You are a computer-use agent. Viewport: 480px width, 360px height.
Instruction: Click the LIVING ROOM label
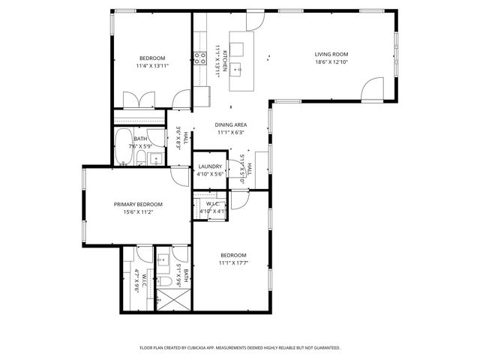coord(331,54)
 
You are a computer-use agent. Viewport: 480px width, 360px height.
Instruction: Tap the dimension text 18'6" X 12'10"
coord(331,62)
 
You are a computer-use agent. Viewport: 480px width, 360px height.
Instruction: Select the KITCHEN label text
coord(223,58)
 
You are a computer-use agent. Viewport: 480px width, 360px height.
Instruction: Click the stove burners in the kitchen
coord(200,58)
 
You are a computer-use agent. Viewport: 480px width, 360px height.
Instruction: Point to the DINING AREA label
coord(230,124)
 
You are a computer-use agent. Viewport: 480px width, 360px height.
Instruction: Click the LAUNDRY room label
coord(209,166)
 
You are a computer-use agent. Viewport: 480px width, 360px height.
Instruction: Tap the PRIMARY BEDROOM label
coord(138,204)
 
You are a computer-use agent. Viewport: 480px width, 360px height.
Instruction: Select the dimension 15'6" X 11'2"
coord(138,212)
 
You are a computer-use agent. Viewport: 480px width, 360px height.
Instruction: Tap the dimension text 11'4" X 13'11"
coord(152,66)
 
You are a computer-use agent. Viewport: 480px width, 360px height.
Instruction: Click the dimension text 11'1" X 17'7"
coord(233,262)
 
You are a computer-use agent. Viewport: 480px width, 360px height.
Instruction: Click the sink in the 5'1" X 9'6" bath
coord(162,262)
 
